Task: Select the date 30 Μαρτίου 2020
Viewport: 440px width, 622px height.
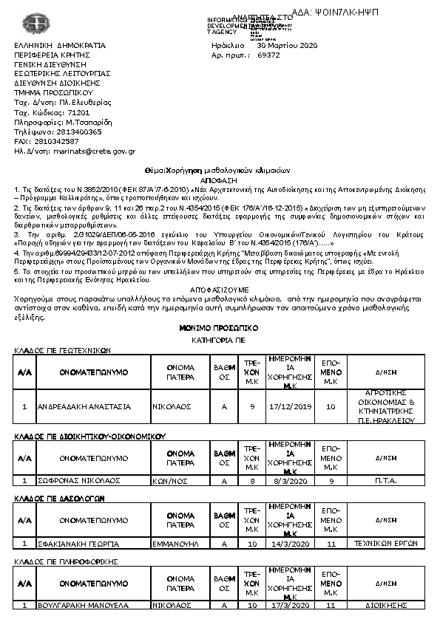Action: pos(287,46)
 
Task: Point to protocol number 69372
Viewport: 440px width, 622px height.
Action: pos(268,55)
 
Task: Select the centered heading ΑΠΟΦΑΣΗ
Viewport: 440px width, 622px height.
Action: pos(219,180)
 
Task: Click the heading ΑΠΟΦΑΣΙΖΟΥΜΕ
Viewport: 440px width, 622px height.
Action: pos(219,290)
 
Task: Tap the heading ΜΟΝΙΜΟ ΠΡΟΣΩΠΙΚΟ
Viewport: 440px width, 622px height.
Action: pos(219,326)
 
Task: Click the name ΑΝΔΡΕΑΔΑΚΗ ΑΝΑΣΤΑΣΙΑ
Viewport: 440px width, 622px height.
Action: pos(86,406)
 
